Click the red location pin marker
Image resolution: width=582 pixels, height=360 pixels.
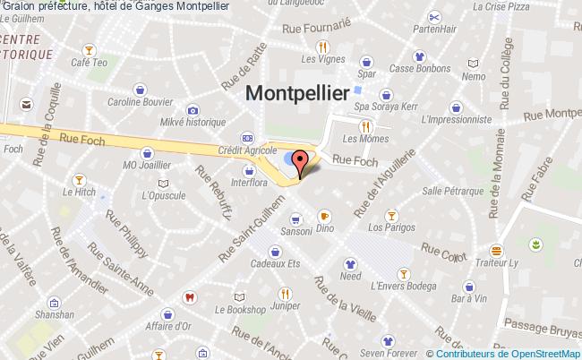tap(301, 162)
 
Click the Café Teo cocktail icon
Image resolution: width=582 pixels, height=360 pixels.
tap(89, 48)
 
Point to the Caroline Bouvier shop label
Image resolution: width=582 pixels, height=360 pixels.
tap(141, 102)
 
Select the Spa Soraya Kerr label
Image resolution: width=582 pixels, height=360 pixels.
tap(387, 107)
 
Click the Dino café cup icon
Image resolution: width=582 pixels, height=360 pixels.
tap(324, 215)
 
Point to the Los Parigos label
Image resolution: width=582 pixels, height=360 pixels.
tap(390, 227)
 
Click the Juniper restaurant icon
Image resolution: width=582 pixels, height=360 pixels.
tap(285, 293)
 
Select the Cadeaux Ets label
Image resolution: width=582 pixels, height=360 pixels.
tap(274, 263)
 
